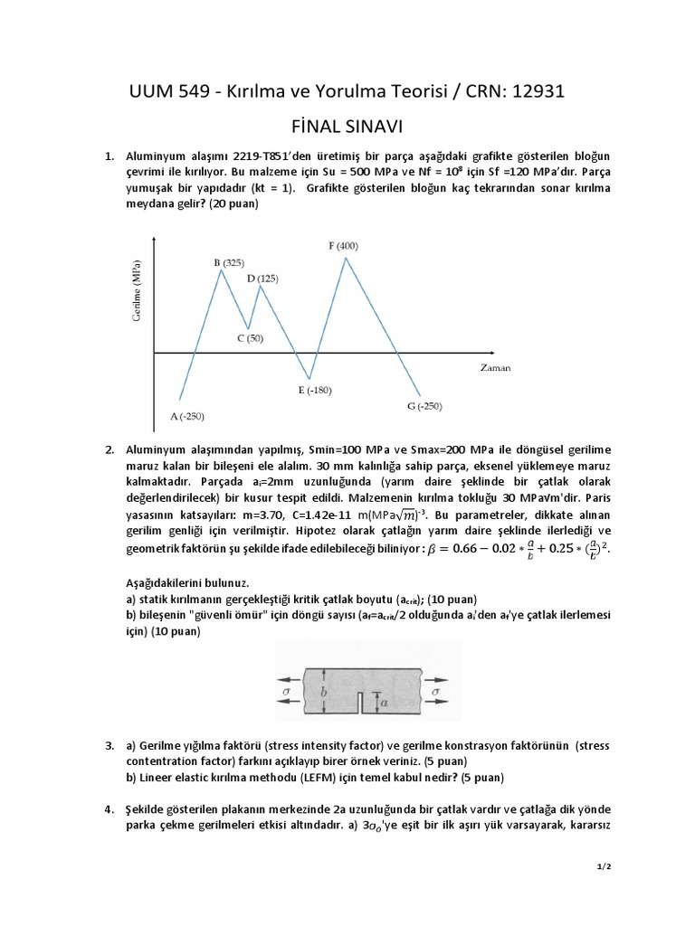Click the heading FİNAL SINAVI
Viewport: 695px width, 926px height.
point(347,127)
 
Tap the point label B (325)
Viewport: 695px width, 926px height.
point(229,262)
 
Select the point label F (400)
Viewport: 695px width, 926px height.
point(343,246)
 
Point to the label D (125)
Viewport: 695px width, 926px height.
point(262,279)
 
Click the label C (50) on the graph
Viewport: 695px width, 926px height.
point(251,338)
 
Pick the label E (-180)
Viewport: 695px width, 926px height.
point(315,390)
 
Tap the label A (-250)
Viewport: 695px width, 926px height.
point(187,416)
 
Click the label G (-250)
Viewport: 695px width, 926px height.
point(424,406)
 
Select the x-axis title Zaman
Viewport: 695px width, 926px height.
point(495,369)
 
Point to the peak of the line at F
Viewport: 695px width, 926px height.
point(345,258)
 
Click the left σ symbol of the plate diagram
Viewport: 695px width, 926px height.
point(287,690)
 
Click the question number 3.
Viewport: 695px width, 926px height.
point(109,746)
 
